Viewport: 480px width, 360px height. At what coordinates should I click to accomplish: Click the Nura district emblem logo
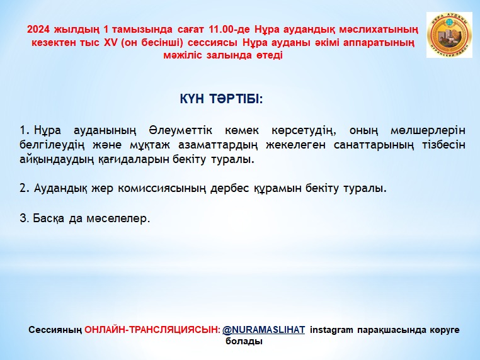[449, 35]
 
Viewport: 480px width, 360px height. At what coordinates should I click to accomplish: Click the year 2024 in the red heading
[38, 30]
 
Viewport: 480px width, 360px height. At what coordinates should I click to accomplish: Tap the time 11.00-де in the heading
[229, 30]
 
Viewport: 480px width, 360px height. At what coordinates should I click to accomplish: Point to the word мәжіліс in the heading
[183, 55]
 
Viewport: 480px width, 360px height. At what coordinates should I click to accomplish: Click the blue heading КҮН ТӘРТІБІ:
[221, 99]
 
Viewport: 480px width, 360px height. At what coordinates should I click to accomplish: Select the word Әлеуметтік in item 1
[181, 130]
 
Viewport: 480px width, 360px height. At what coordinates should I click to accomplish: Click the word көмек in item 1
[242, 131]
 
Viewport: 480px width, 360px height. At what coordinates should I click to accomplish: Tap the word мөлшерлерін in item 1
[428, 131]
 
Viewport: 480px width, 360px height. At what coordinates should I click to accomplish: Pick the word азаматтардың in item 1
[218, 145]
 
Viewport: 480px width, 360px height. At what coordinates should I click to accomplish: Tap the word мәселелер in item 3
[118, 218]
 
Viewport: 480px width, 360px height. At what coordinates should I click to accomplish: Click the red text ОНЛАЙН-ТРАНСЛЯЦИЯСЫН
[152, 330]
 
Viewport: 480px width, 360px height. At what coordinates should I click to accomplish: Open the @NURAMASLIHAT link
[263, 330]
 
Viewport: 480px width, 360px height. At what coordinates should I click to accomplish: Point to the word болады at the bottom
[244, 341]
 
